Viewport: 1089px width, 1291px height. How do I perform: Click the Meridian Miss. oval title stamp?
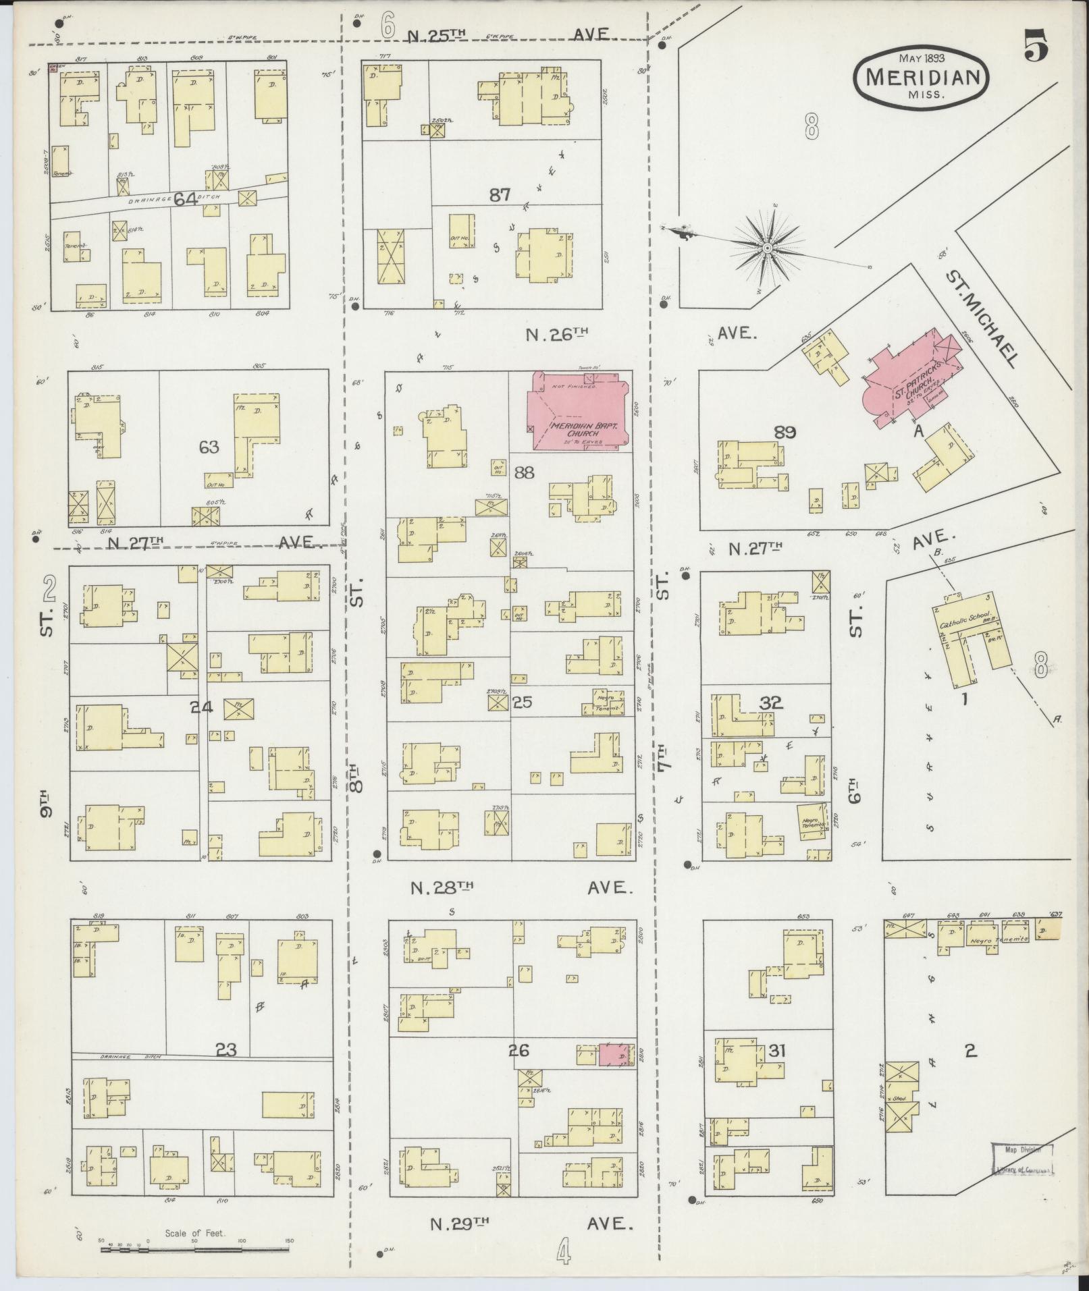pyautogui.click(x=922, y=77)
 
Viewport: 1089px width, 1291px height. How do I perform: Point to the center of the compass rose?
pyautogui.click(x=767, y=249)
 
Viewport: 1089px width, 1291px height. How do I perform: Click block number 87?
pyautogui.click(x=500, y=195)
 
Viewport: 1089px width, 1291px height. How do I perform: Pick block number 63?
pyautogui.click(x=209, y=447)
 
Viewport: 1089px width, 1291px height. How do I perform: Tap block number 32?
pyautogui.click(x=771, y=703)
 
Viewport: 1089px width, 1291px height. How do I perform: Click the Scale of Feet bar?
pyautogui.click(x=196, y=1248)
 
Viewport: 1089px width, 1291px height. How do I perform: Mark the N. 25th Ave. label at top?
pyautogui.click(x=508, y=35)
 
